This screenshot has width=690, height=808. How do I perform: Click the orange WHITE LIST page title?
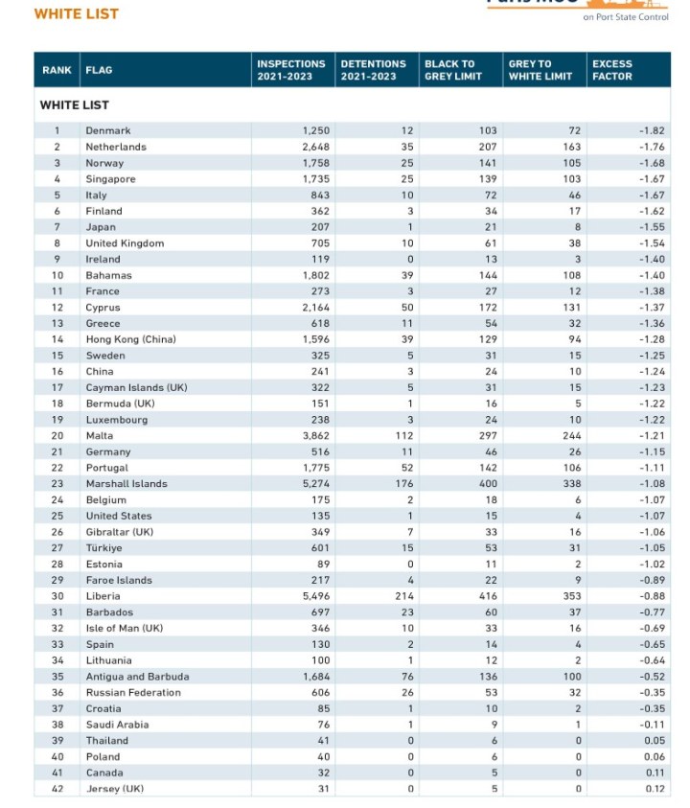click(77, 14)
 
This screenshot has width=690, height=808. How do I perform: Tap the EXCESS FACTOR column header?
click(612, 70)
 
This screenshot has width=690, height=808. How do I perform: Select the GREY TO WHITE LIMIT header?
click(540, 70)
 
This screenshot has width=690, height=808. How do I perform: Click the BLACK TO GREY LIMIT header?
click(453, 70)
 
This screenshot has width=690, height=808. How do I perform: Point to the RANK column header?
click(57, 70)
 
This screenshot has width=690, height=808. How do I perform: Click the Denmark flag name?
click(108, 131)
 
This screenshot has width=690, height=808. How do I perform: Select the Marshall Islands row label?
click(126, 484)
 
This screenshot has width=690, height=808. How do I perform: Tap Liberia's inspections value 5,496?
click(316, 596)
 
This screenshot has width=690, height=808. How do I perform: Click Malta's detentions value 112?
click(404, 436)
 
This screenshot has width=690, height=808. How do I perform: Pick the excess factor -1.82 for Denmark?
click(652, 131)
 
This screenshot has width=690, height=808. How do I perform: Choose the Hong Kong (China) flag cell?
click(131, 339)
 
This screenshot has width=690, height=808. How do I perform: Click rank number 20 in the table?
click(57, 436)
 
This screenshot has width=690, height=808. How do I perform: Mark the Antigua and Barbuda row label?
click(138, 677)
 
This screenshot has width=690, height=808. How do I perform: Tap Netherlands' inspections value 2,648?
click(316, 147)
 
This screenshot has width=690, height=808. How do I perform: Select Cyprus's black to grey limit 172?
click(488, 308)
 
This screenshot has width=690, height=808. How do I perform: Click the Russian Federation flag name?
click(133, 693)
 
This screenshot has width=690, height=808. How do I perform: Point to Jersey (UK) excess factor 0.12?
click(655, 789)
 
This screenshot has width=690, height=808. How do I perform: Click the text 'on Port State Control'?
click(626, 17)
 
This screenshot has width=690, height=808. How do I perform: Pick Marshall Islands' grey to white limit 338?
click(572, 484)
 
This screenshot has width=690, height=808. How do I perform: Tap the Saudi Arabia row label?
click(118, 725)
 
